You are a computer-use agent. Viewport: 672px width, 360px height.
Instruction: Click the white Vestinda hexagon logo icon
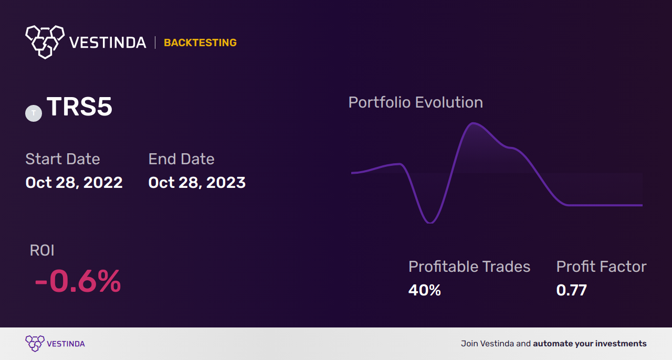point(45,42)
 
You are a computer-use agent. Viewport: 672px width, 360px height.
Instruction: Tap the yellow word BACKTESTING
point(200,43)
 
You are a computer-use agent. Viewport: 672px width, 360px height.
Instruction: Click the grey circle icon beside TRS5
point(34,113)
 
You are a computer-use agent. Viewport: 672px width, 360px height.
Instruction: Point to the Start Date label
point(62,158)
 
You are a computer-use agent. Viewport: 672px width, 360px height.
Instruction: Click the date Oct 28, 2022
point(74,183)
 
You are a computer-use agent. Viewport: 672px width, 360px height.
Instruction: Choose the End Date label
point(182,158)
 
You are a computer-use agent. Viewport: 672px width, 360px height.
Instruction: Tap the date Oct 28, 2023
point(197,183)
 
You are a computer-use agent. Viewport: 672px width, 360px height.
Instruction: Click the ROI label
point(42,250)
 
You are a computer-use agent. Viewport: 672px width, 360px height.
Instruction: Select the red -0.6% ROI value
point(78,281)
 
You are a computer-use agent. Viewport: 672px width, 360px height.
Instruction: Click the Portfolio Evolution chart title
point(416,102)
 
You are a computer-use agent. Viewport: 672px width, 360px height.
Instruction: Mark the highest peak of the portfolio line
point(473,123)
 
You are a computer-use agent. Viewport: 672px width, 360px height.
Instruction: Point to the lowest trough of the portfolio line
point(430,223)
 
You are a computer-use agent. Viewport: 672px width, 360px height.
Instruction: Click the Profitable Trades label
point(469,267)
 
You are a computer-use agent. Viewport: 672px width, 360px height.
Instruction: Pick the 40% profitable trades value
point(425,290)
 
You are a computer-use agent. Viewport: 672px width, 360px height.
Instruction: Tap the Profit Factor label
point(602,267)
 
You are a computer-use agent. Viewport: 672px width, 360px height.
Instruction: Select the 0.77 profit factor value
point(572,290)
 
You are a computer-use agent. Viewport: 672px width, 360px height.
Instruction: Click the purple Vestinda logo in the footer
point(55,344)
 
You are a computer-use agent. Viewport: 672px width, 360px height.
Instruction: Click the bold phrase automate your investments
point(590,344)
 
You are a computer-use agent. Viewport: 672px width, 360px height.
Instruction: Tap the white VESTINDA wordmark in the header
point(108,43)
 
